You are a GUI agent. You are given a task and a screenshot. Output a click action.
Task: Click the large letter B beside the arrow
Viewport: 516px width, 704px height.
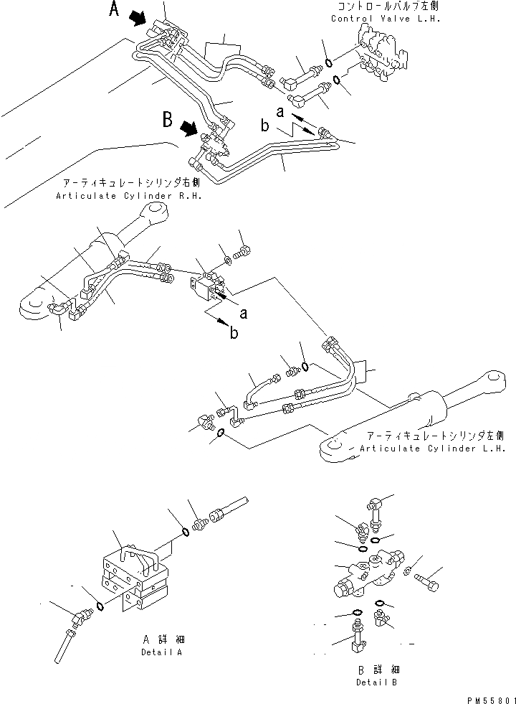click(x=168, y=119)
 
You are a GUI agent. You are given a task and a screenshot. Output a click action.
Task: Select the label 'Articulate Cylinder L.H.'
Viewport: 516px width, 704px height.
click(x=433, y=448)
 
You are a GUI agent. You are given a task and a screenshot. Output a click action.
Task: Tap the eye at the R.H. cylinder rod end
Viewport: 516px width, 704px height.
click(x=156, y=212)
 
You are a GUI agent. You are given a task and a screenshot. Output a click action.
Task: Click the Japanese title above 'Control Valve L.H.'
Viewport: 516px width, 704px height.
click(x=384, y=7)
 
